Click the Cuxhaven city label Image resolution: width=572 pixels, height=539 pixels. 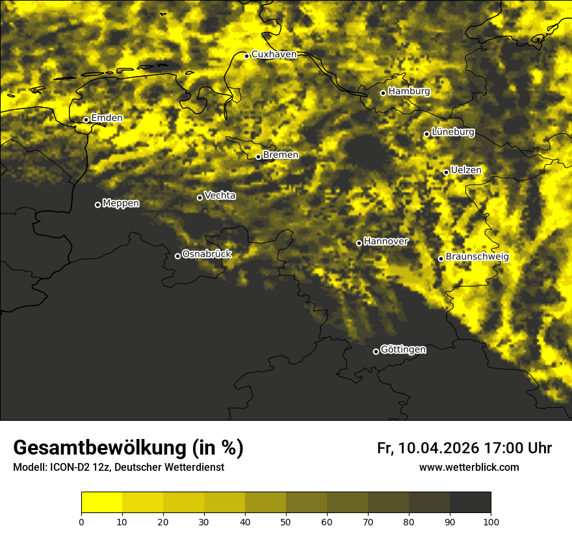pos(274,55)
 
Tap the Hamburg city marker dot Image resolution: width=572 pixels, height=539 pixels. pos(383,93)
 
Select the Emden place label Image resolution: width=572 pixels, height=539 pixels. pos(107,118)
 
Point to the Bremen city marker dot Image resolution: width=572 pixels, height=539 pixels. pos(258,157)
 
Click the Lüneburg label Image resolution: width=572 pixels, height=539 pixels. pos(452,132)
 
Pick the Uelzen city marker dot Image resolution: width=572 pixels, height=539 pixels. pos(446,172)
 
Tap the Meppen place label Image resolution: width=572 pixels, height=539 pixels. pos(121,203)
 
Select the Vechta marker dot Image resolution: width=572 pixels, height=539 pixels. pos(200,197)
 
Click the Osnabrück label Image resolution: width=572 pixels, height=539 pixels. pos(207,255)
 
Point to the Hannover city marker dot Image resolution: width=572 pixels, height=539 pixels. pos(359,243)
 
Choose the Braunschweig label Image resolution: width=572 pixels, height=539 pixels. pos(477,257)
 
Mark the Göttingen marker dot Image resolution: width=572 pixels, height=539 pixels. pos(376,351)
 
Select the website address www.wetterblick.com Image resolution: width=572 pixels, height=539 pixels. pos(469,468)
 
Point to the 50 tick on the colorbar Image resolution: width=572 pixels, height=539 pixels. pos(286,521)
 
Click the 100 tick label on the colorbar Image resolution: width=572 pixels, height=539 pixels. pos(491,521)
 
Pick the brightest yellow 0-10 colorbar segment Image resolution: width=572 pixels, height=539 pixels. pos(101,503)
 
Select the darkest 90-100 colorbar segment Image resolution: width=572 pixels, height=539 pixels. pos(470,503)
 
